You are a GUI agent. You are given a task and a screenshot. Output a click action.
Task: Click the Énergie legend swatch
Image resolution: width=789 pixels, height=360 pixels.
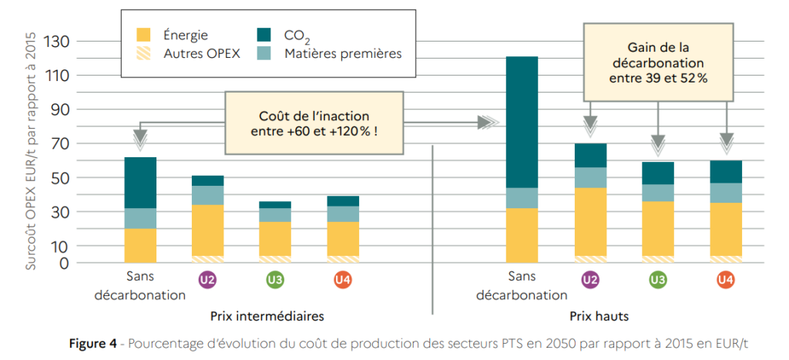pos(144,35)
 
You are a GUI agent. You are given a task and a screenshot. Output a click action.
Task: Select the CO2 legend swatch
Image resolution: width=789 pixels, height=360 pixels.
pos(264,35)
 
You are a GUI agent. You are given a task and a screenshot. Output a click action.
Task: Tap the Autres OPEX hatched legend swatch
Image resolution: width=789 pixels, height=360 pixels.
pos(144,53)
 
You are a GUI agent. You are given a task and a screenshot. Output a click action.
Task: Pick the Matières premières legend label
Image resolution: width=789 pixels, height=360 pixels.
pos(342,53)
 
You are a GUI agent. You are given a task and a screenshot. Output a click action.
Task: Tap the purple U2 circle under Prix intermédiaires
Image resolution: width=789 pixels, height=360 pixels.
pos(207,281)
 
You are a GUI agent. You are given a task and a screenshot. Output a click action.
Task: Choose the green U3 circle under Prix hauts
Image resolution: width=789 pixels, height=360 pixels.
pos(657,281)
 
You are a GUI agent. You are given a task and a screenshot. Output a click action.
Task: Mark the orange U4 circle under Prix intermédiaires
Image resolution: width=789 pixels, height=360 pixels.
pos(342,281)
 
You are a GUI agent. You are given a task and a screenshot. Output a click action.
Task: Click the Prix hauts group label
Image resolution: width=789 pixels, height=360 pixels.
pos(598,317)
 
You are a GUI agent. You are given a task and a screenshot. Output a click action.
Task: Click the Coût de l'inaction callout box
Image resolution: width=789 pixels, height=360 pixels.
pos(314,123)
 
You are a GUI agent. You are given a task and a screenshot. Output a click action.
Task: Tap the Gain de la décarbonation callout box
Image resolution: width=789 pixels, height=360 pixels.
pos(658,62)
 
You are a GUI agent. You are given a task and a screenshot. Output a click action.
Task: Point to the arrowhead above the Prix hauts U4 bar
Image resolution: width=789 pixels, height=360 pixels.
pos(726,143)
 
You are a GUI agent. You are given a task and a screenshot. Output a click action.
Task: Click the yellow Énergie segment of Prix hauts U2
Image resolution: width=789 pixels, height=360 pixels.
pos(589,221)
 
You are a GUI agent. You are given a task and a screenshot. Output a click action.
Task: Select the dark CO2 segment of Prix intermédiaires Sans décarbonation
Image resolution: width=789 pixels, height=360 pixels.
pos(140,183)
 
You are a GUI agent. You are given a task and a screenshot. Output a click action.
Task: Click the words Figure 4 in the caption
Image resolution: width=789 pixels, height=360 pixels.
pos(93,345)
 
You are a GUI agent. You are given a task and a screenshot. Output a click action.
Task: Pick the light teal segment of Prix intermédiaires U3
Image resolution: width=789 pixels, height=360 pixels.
pos(275,215)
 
